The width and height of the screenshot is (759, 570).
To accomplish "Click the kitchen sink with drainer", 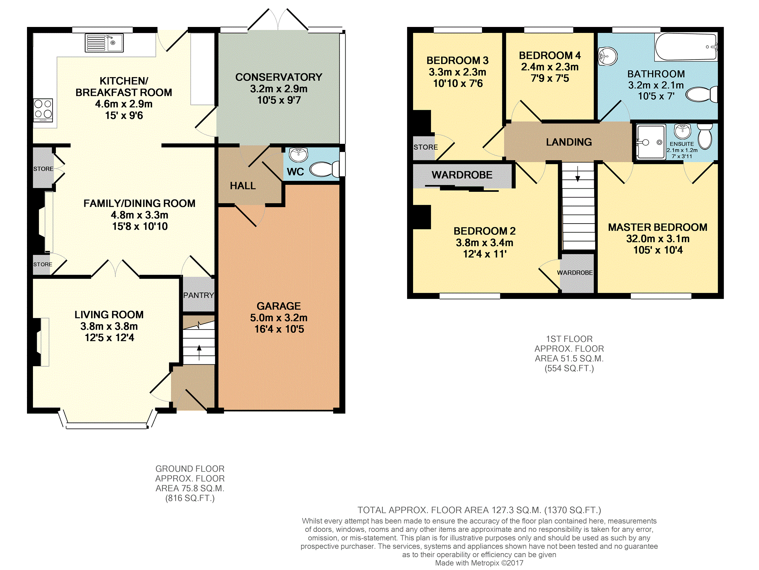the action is point(104,43).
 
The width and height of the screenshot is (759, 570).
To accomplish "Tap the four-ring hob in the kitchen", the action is point(43,110).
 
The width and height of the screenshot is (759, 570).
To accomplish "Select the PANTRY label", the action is point(199,295).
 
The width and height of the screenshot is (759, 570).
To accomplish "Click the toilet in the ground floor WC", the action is point(325,169).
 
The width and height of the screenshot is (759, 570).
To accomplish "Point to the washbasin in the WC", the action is point(299,154).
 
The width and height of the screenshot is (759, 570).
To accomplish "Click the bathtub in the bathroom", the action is point(686,47).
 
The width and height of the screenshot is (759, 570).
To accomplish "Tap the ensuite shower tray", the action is point(651,142).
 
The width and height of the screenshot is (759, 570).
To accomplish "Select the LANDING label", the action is point(569,142).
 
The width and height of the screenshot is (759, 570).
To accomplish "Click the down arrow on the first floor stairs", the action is point(578,173).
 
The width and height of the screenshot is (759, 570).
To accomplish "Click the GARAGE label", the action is point(278,306).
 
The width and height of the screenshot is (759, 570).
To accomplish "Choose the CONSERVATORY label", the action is point(278,77).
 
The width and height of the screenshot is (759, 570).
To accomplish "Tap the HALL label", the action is point(243,186).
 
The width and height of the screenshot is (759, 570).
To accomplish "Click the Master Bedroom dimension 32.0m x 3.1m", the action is point(658,239).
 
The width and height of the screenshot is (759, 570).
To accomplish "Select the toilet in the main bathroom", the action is point(702,94).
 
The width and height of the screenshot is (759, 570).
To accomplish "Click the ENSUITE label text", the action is point(682,144).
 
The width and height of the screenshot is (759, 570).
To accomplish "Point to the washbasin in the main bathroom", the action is point(608,57).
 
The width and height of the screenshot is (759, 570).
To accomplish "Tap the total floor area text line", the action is point(479,510).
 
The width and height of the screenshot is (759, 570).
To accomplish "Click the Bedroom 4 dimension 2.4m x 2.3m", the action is point(550,67).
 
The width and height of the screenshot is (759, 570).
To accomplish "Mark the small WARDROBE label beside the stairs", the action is point(575,273).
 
